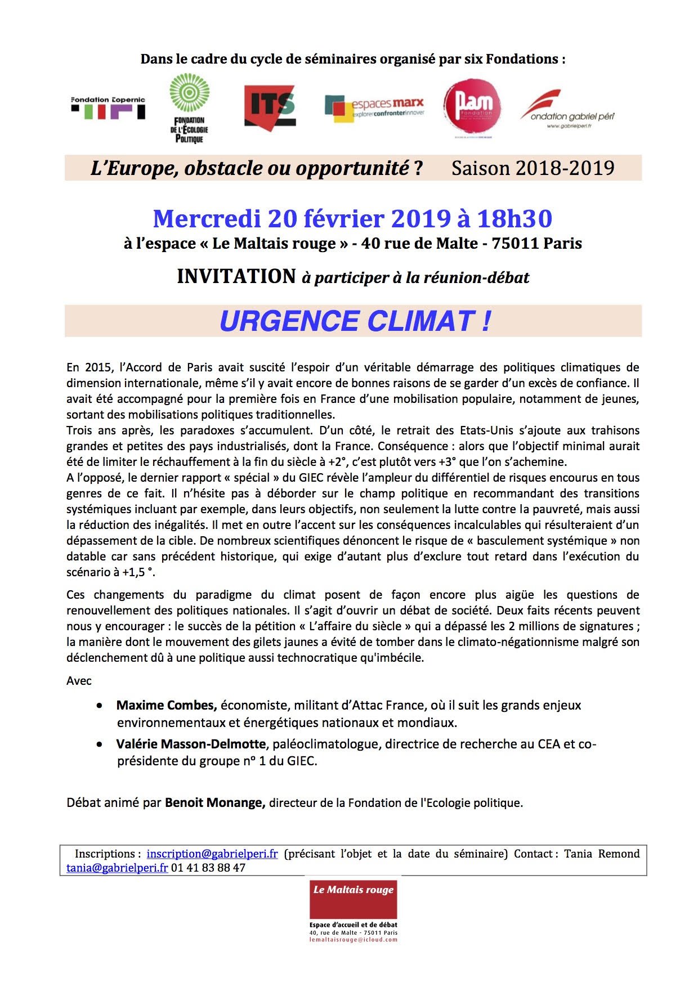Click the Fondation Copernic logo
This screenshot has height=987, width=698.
click(108, 107)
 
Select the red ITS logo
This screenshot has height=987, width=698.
click(270, 106)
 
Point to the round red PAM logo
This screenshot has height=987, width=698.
click(472, 107)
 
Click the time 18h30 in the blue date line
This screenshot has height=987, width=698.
click(514, 218)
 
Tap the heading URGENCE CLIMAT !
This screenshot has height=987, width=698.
click(355, 321)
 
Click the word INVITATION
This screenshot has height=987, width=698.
click(236, 276)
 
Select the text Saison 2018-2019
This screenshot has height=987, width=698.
click(533, 168)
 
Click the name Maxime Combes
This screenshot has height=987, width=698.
click(167, 705)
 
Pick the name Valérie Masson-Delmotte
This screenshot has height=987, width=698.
click(191, 744)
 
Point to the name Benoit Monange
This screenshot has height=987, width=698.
click(215, 802)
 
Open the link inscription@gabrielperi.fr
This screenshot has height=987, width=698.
click(212, 854)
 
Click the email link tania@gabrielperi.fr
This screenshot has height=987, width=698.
click(117, 868)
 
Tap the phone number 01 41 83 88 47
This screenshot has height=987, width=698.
click(208, 868)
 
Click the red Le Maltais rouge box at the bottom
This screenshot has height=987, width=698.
click(354, 898)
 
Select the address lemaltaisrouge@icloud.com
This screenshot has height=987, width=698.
click(354, 940)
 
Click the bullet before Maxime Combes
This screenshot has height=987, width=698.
click(100, 706)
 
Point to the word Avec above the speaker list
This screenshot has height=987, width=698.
click(79, 681)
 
